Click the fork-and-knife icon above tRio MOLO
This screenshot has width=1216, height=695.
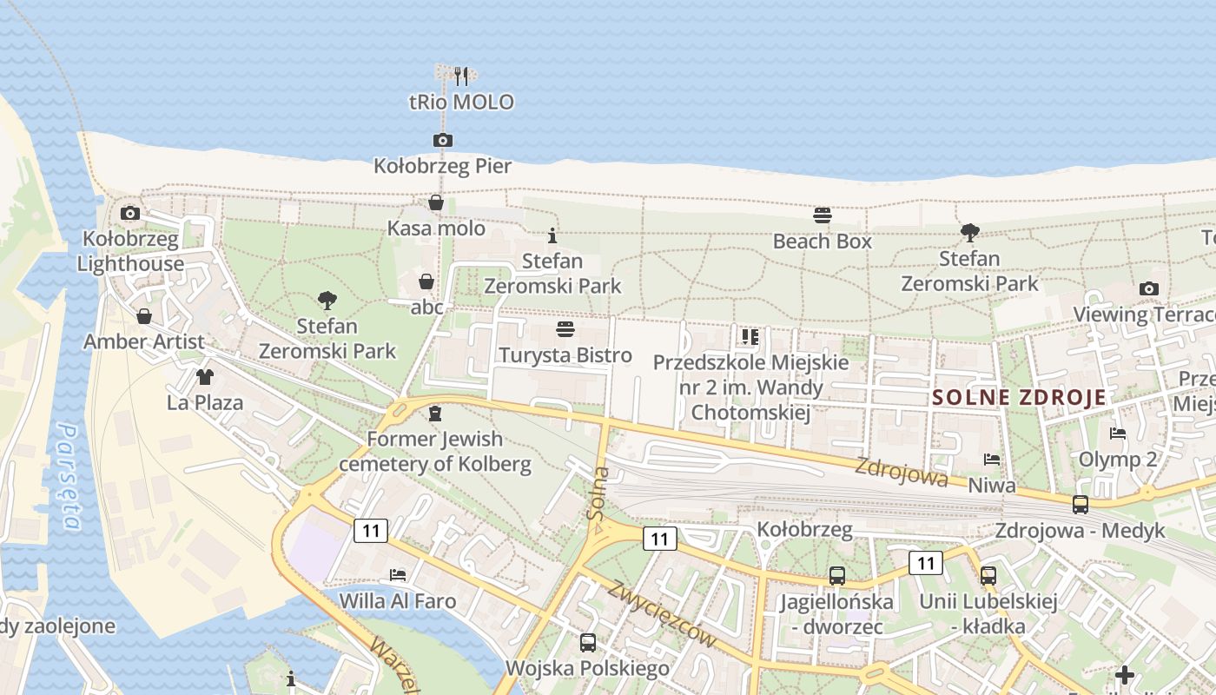coord(461,76)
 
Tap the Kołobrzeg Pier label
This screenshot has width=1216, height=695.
coord(442,166)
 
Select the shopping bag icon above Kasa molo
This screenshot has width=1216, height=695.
coord(436,202)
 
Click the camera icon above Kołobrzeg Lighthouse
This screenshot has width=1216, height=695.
coord(130,213)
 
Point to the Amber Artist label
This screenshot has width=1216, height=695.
coord(144,341)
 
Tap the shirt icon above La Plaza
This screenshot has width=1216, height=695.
coord(204,377)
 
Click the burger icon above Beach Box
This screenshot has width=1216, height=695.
coord(823,215)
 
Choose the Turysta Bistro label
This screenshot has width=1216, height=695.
coord(565,355)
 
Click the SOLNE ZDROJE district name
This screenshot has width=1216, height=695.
coord(1020,398)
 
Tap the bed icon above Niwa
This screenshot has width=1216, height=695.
coord(992,459)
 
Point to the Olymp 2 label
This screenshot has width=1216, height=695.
coord(1118,459)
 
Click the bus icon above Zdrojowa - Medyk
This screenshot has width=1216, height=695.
coord(1081,504)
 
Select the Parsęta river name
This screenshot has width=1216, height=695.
coord(69,476)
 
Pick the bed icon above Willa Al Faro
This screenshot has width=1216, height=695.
coord(398,574)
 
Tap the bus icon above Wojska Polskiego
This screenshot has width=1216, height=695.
coord(588,643)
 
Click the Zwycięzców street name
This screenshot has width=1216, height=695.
coord(663,613)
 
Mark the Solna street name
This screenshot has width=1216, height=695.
coord(598,493)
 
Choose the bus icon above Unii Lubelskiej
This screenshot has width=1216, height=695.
coord(988,575)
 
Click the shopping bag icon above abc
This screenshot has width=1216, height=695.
coord(426,281)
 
